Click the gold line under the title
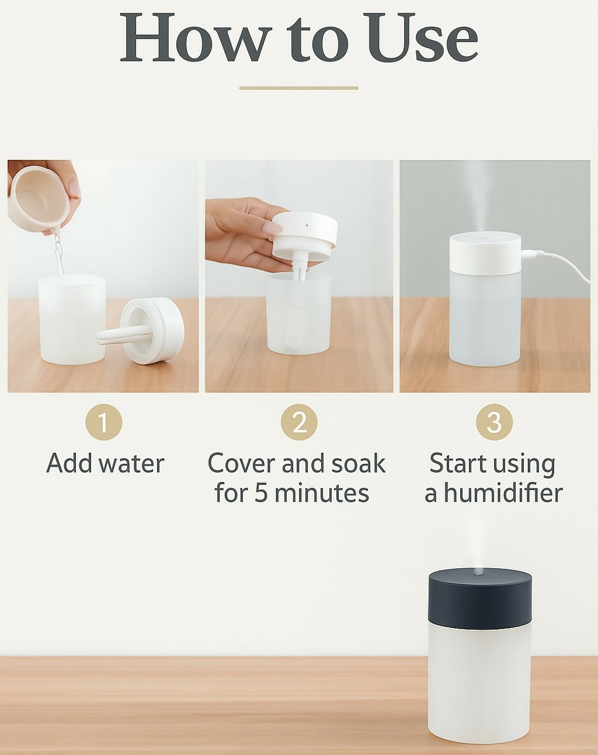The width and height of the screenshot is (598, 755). [299, 88]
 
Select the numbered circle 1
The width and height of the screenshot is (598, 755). [104, 422]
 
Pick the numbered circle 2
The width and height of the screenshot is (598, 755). [299, 422]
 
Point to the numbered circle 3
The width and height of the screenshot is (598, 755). [495, 422]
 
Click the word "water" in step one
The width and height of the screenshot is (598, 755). [131, 464]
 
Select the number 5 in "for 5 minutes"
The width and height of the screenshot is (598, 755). [261, 493]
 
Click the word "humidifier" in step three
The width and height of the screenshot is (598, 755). [504, 492]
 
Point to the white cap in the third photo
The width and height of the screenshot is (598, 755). [485, 253]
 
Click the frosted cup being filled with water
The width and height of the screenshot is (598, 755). [72, 320]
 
